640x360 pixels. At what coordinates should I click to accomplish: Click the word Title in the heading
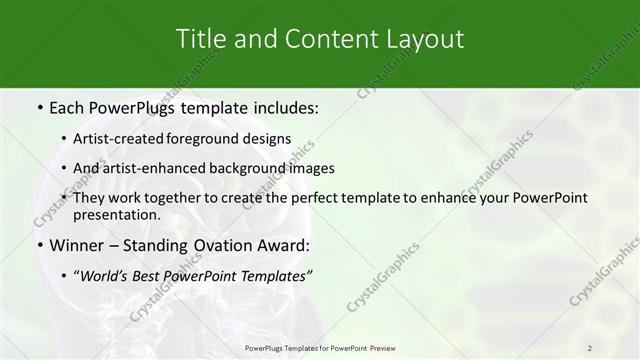pyautogui.click(x=198, y=39)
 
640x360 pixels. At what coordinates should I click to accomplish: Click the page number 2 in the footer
pyautogui.click(x=590, y=347)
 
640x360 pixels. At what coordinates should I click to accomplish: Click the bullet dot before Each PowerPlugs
pyautogui.click(x=39, y=106)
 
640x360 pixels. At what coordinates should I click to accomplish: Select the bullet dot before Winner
pyautogui.click(x=39, y=246)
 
